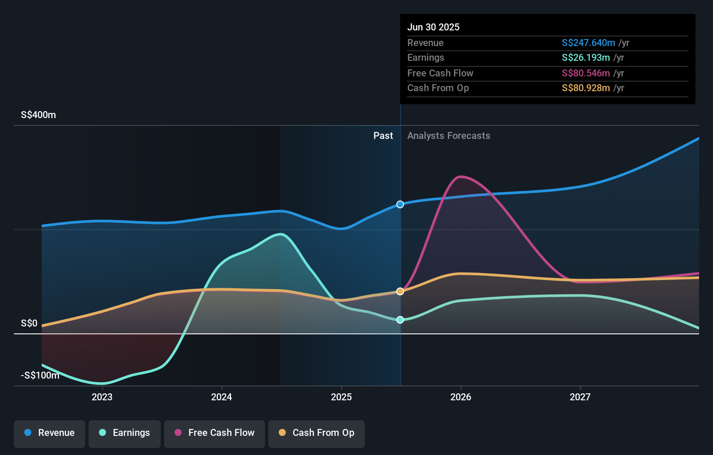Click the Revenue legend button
coord(50,433)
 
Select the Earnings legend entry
coord(125,433)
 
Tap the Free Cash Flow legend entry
coord(215,433)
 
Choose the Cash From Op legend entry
coord(317,433)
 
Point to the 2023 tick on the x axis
coord(102,397)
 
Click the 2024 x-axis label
coord(221,397)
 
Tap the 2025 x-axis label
coord(341,397)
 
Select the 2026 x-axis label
coord(461,397)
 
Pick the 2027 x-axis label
coord(580,397)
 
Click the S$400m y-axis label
coord(38,115)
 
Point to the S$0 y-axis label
coord(29,323)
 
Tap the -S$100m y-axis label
coord(40,376)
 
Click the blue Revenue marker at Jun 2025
coord(400,204)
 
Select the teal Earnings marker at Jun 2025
coord(400,320)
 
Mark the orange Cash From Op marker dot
coord(400,291)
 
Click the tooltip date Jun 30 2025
coord(433,27)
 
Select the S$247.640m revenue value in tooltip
coord(588,43)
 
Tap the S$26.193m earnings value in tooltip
coord(586,58)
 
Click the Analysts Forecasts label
coord(449,136)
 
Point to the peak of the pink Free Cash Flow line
coord(461,176)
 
